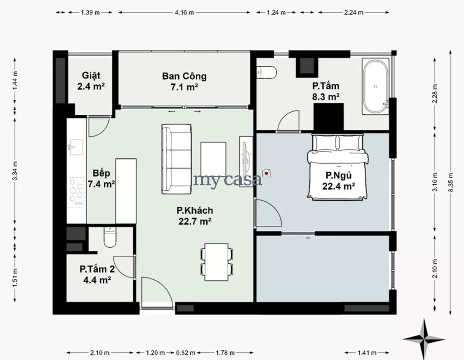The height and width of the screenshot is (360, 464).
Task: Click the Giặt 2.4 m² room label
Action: coord(91,81)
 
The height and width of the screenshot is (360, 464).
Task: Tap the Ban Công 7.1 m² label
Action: coord(184,82)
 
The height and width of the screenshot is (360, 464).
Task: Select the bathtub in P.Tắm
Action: coord(376,86)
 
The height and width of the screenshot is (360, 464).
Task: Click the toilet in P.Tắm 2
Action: coord(110,237)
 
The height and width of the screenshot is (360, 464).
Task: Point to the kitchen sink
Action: coord(76,147)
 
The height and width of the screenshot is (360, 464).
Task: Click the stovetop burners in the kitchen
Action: coord(76,192)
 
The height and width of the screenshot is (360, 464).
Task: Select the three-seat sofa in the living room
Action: coord(176,159)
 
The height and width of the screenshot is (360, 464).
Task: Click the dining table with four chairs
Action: coord(217,263)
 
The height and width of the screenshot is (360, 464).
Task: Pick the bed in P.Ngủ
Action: coord(338,166)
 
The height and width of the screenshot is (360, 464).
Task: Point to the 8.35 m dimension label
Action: coord(451,182)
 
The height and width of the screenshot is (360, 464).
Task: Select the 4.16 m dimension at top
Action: coord(184,12)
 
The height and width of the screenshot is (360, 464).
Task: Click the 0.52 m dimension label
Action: coord(185,353)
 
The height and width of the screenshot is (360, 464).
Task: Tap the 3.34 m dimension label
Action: coord(15,171)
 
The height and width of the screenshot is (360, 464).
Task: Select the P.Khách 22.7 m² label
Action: coord(195,216)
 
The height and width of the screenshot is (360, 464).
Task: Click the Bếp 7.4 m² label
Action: coord(101,179)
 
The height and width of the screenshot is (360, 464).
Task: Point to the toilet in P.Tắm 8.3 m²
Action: coord(266,72)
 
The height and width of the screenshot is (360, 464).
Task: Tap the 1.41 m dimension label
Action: coord(367,353)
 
